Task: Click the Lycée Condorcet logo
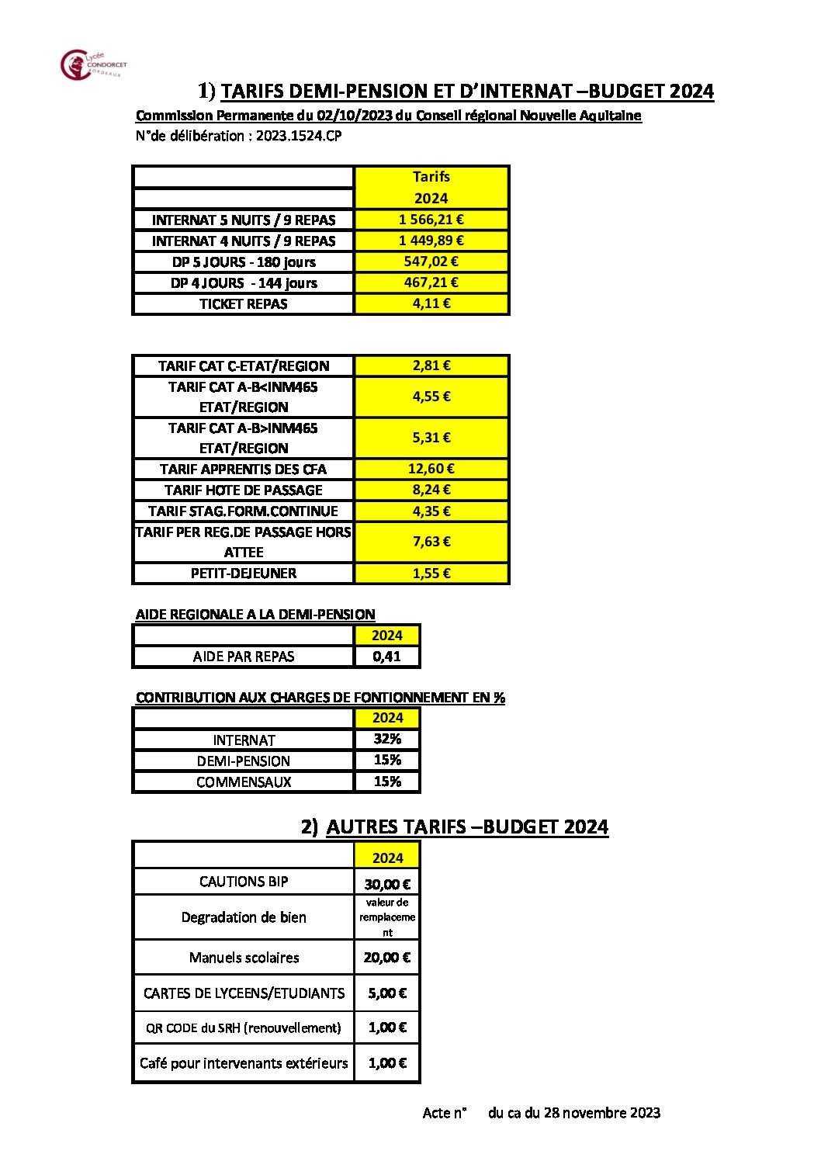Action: [x=92, y=65]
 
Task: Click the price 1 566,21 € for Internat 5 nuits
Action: [x=431, y=220]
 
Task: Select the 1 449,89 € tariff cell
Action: [x=431, y=241]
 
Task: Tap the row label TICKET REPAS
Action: [x=243, y=304]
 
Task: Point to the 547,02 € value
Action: [x=431, y=262]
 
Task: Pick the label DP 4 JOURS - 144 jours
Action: [x=243, y=283]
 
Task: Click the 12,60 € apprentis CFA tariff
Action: [x=431, y=469]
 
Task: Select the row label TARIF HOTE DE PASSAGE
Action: [x=243, y=490]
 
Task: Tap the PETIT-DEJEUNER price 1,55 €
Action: [x=431, y=574]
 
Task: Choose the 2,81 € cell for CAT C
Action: [x=431, y=366]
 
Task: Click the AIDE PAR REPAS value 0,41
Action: [x=386, y=657]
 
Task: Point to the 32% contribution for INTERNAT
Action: [x=387, y=740]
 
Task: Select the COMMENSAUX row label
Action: [x=243, y=782]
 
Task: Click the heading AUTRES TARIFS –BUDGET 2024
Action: [x=466, y=827]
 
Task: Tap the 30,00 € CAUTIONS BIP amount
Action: [x=387, y=884]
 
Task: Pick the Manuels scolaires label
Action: [x=244, y=958]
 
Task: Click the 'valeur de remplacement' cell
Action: [x=387, y=917]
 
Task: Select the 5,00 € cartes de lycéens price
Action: [x=387, y=993]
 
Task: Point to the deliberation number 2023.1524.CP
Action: [x=299, y=137]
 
